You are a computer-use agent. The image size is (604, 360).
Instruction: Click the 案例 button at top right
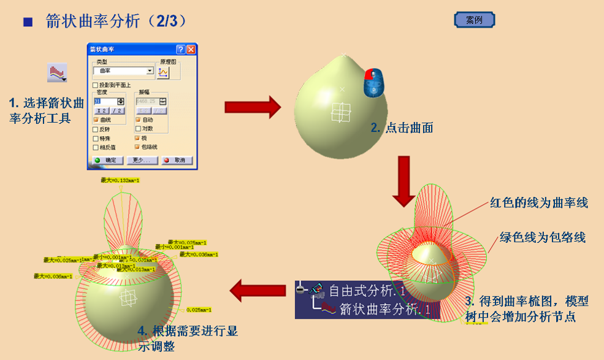(x=474, y=20)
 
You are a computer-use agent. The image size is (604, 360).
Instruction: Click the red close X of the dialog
(x=191, y=50)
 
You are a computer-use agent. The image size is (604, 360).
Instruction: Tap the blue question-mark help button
(x=180, y=50)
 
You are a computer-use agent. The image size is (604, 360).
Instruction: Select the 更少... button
(x=142, y=160)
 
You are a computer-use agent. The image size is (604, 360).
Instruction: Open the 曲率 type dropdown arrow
(x=150, y=71)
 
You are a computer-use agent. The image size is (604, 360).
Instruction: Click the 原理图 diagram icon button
(x=163, y=72)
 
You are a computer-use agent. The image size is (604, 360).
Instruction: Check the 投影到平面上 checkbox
(x=95, y=85)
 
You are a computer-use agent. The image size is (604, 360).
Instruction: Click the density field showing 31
(x=105, y=101)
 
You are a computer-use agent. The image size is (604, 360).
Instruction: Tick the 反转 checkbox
(x=95, y=129)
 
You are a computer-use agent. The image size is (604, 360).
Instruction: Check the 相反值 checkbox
(x=95, y=147)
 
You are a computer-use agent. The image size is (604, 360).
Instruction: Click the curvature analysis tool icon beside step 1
(x=57, y=73)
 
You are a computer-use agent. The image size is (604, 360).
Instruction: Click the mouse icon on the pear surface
(x=374, y=83)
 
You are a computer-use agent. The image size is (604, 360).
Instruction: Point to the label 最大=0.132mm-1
(x=120, y=180)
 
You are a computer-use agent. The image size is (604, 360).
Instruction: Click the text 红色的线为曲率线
(x=539, y=203)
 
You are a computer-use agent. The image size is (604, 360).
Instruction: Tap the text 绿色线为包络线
(x=542, y=237)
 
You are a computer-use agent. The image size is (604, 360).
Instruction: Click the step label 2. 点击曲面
(x=402, y=128)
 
